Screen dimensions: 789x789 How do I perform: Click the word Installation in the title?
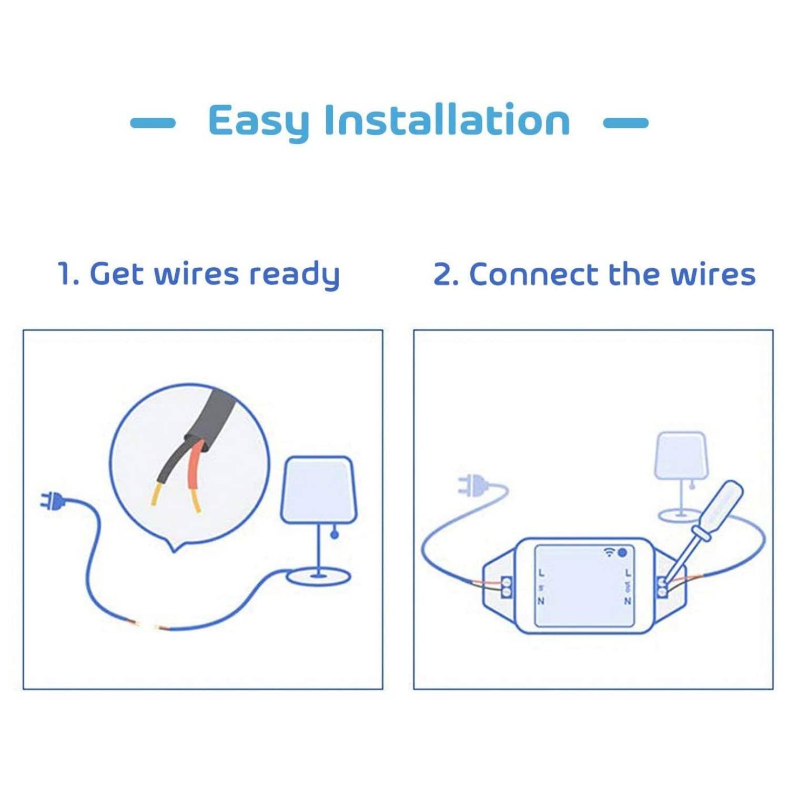point(447,120)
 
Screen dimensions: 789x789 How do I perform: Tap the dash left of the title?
point(153,123)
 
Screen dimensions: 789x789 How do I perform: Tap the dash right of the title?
point(625,123)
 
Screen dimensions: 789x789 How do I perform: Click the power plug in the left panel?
point(52,501)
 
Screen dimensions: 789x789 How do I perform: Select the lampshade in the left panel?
point(318,489)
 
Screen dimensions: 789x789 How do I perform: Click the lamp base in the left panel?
point(318,578)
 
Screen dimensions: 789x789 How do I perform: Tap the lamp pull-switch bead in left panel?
point(335,535)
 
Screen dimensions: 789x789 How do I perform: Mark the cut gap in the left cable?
point(147,625)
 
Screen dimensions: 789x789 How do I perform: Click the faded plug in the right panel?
point(472,485)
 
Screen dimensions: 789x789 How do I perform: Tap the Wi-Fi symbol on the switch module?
point(609,552)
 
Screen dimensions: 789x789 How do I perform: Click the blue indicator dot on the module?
point(622,552)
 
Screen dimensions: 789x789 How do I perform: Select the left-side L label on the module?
point(542,573)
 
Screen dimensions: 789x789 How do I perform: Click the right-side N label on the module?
point(628,601)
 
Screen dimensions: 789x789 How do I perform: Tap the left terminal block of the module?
point(506,587)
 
